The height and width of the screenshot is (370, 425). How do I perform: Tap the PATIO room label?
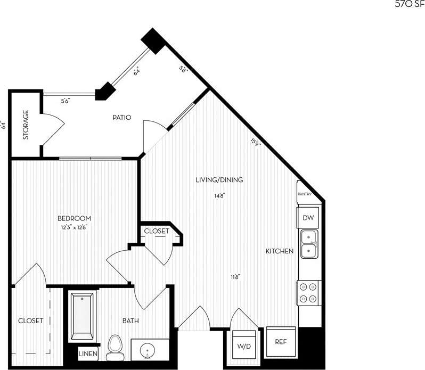121,118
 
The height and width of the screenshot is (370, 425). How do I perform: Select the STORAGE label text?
26,125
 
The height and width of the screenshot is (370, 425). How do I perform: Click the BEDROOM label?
74,218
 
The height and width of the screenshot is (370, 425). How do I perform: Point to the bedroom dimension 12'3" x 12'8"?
74,227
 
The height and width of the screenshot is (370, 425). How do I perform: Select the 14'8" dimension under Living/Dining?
219,195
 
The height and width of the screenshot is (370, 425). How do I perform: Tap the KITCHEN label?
280,251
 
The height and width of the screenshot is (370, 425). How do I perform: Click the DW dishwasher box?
308,218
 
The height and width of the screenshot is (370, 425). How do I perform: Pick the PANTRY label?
305,194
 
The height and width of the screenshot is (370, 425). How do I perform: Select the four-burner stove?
308,293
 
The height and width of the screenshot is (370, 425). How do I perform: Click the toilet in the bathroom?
114,347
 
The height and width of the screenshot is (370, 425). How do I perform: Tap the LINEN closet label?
87,354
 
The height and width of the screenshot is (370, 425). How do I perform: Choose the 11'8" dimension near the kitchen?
235,277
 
